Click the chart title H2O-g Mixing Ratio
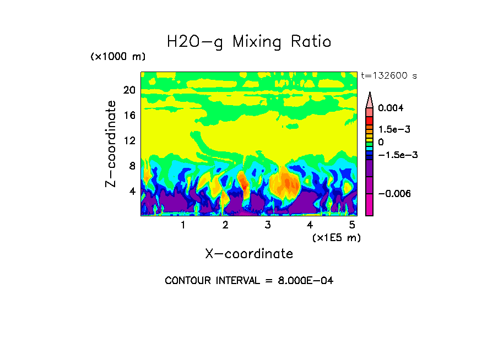tap(249, 42)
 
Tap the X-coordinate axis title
tap(249, 254)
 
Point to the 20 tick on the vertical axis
tap(129, 91)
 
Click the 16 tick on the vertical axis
tap(129, 116)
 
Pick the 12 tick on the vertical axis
tap(129, 141)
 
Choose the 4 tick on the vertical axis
tap(132, 191)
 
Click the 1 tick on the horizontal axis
tap(183, 225)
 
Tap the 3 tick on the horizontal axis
tap(268, 225)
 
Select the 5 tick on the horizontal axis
tap(352, 225)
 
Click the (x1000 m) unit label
tap(118, 57)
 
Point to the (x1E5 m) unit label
tap(336, 237)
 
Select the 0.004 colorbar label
tap(391, 108)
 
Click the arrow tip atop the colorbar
tap(370, 94)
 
